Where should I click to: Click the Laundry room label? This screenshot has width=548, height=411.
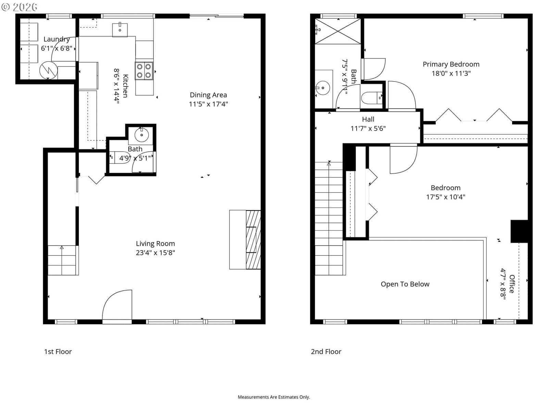pyautogui.click(x=57, y=39)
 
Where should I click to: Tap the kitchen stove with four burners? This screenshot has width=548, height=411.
pyautogui.click(x=144, y=71)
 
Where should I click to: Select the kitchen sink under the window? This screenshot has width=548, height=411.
pyautogui.click(x=120, y=29)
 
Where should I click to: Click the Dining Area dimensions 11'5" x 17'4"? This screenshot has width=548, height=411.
pyautogui.click(x=208, y=104)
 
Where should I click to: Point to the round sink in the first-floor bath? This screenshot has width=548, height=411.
pyautogui.click(x=141, y=135)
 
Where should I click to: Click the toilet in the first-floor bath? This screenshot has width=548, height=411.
pyautogui.click(x=120, y=158)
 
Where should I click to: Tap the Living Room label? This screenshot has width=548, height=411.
pyautogui.click(x=155, y=244)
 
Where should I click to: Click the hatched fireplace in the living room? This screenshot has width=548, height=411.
pyautogui.click(x=253, y=240)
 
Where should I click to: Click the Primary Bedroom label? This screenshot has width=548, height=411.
pyautogui.click(x=451, y=64)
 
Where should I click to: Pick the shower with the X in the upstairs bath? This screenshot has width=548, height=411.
pyautogui.click(x=338, y=31)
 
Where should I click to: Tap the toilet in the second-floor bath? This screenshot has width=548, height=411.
pyautogui.click(x=372, y=98)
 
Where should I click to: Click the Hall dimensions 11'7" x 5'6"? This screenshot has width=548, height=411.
pyautogui.click(x=368, y=128)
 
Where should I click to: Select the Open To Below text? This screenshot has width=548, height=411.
pyautogui.click(x=405, y=284)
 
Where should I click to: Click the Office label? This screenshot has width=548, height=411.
pyautogui.click(x=512, y=284)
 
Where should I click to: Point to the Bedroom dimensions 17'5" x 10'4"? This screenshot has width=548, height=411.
pyautogui.click(x=446, y=197)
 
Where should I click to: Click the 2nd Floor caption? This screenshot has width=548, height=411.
pyautogui.click(x=326, y=352)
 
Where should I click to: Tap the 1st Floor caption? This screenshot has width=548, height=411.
pyautogui.click(x=58, y=352)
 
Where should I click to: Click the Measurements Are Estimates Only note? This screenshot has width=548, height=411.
pyautogui.click(x=274, y=397)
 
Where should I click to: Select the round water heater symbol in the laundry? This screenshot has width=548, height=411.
pyautogui.click(x=48, y=71)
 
